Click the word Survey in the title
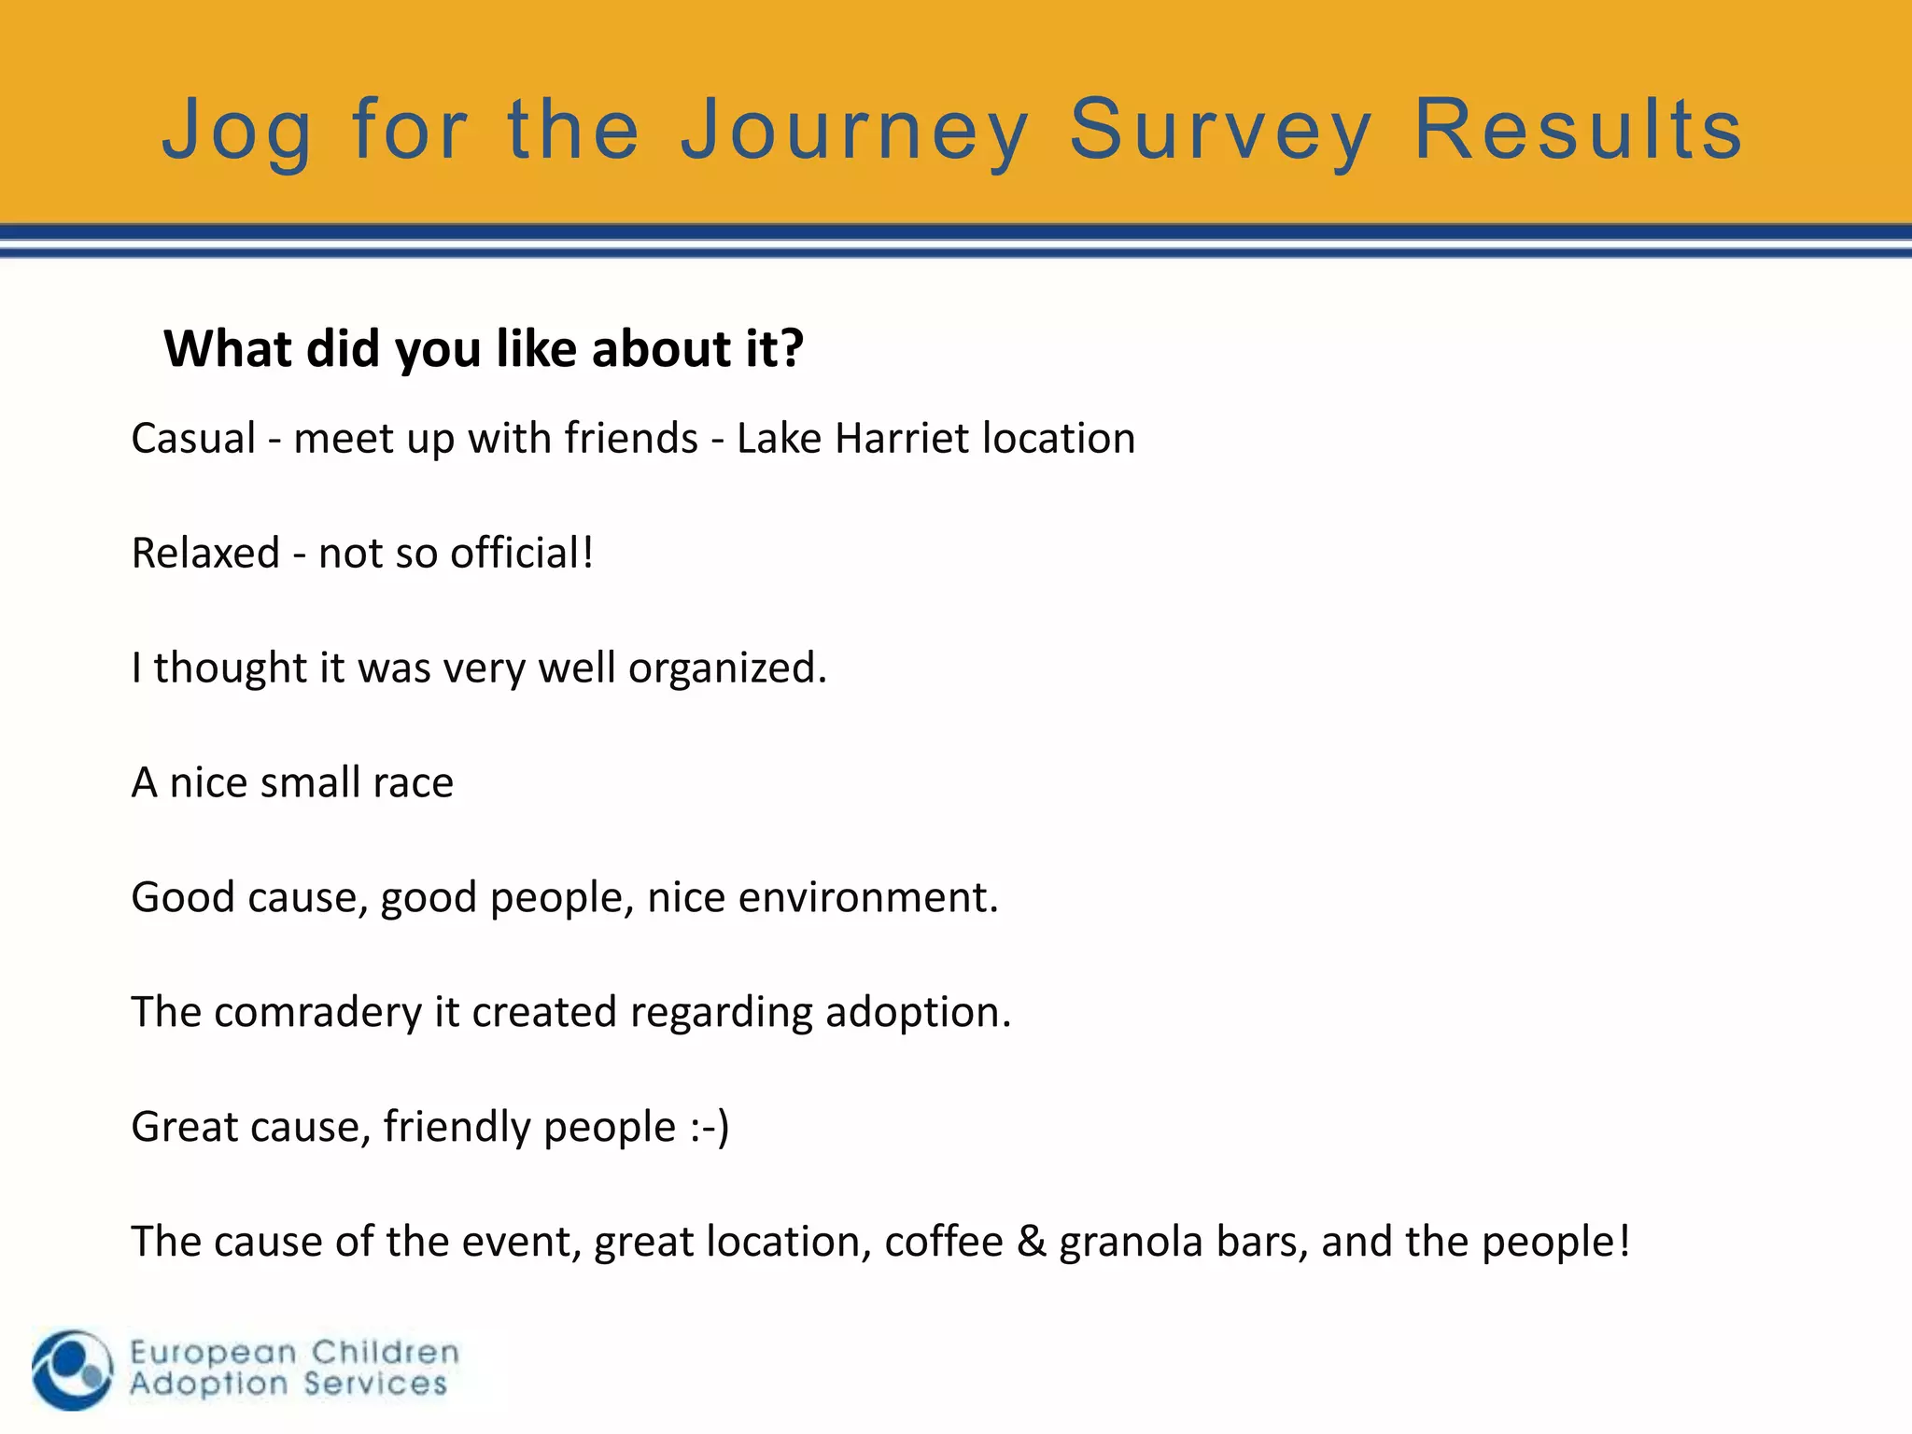point(1220,131)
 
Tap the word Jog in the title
point(236,131)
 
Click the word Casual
point(193,438)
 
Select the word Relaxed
point(205,553)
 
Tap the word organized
point(726,668)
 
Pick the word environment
point(867,897)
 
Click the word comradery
point(317,1013)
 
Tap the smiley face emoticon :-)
point(710,1127)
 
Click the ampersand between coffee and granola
point(1031,1242)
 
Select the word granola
point(1131,1242)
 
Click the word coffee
point(943,1242)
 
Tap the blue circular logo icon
point(72,1370)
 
